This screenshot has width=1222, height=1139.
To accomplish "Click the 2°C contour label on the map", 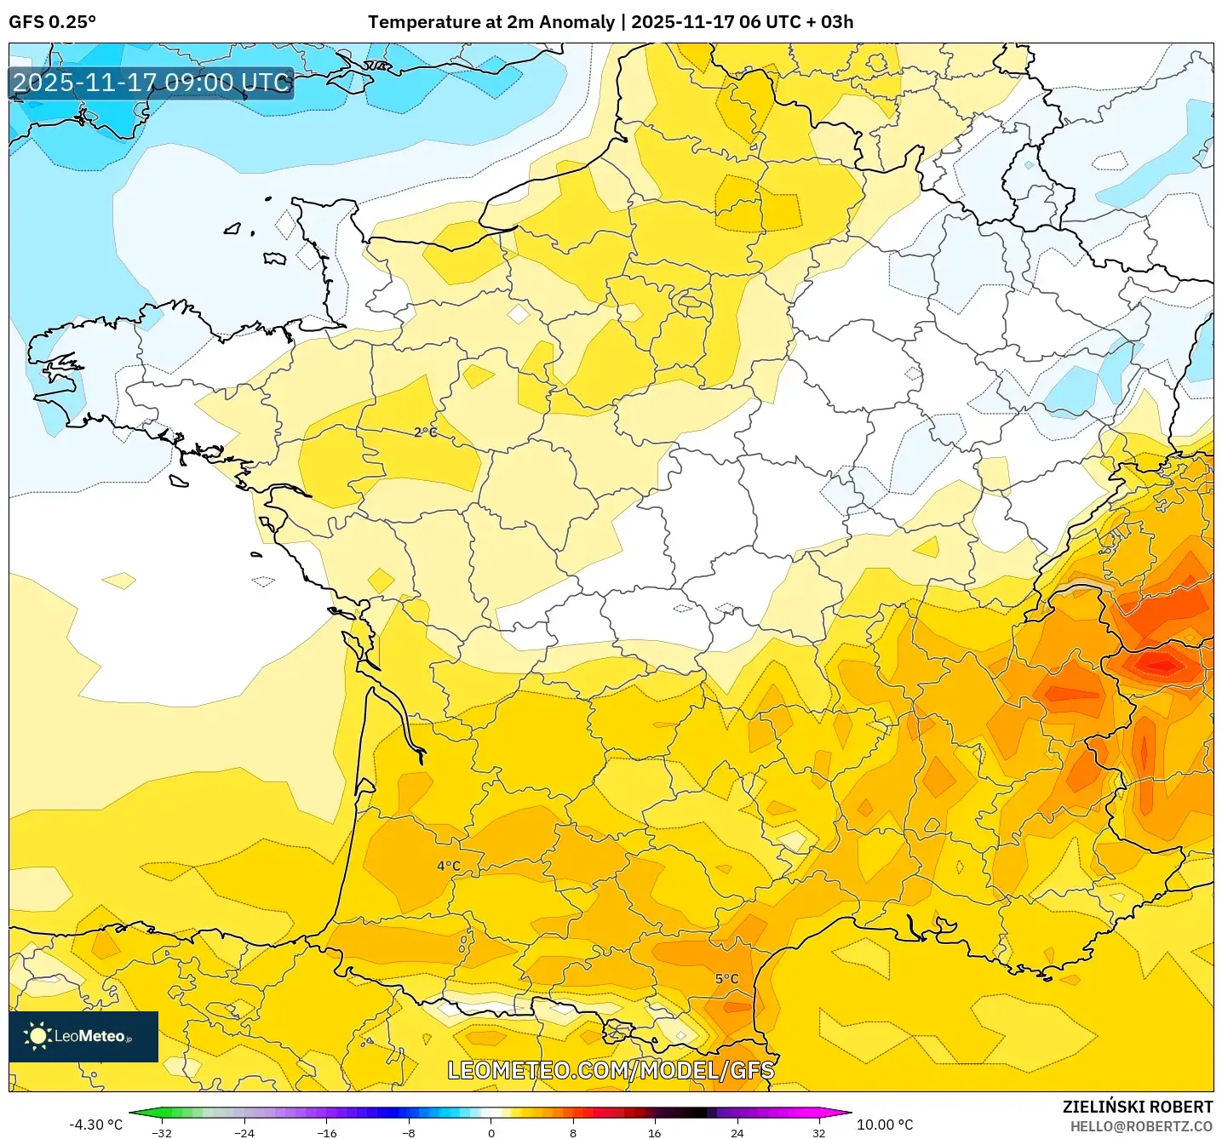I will (x=426, y=432).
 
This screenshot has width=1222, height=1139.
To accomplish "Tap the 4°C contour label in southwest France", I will (x=449, y=866).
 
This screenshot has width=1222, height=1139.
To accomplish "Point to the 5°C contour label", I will (x=726, y=979).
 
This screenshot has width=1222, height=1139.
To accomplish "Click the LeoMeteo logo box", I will (x=83, y=1036).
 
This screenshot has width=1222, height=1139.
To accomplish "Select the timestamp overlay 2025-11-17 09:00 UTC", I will (x=152, y=83).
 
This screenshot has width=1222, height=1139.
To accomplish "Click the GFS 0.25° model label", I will (x=52, y=22).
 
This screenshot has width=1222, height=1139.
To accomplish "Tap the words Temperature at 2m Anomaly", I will (x=491, y=22).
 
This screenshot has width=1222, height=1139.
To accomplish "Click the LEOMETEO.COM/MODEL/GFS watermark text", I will (x=611, y=1070).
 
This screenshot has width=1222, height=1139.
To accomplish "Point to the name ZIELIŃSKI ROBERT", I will (x=1138, y=1107).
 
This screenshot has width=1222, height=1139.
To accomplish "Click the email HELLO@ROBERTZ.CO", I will (x=1141, y=1126).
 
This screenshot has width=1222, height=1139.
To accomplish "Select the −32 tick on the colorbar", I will (x=161, y=1132).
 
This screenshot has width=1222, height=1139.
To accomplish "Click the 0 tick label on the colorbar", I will (x=491, y=1132).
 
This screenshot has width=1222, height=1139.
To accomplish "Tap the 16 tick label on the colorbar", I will (x=654, y=1132).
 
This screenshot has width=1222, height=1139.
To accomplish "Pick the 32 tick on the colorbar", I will (x=818, y=1132).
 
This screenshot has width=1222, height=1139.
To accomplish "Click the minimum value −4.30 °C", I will (x=95, y=1125).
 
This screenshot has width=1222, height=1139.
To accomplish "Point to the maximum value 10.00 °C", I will (x=885, y=1125).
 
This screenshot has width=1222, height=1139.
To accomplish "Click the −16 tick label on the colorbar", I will (x=326, y=1132).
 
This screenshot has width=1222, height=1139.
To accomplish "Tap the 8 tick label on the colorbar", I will (x=573, y=1132).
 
